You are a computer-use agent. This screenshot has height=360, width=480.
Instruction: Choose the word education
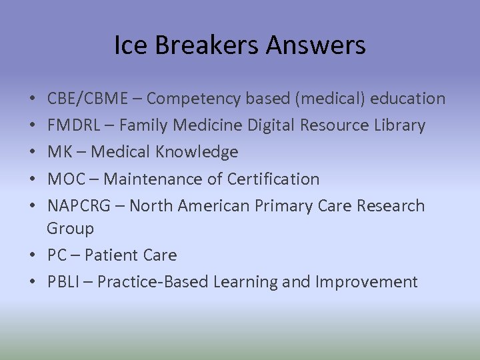pos(407,99)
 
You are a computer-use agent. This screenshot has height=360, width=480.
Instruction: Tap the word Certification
pos(273,179)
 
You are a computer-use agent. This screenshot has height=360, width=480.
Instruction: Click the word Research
pos(390,205)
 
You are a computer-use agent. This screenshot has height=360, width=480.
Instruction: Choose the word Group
pos(70,229)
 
